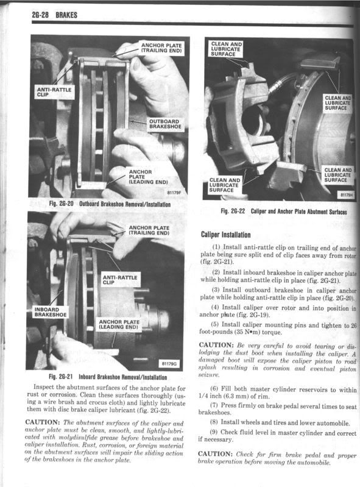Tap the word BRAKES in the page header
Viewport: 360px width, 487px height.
[x=64, y=15]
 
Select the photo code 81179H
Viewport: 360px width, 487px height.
[x=346, y=196]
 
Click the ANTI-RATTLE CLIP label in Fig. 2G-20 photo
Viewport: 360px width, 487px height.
[x=54, y=93]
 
